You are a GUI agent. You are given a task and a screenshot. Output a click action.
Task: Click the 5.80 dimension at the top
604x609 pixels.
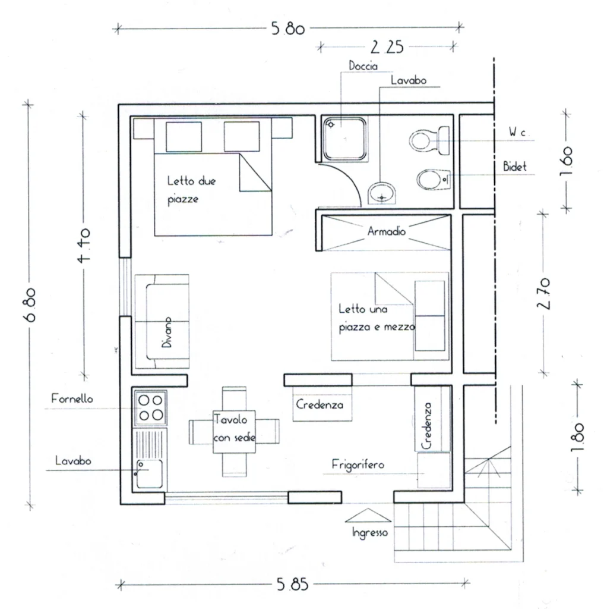pos(288,29)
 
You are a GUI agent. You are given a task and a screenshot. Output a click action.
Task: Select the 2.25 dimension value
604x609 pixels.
pos(387,47)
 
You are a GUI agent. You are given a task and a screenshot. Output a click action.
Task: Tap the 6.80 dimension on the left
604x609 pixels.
pos(30,305)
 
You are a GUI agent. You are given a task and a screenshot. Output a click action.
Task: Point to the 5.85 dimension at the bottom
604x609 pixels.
pos(292,584)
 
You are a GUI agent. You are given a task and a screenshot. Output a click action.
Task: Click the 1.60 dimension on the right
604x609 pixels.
pos(567,161)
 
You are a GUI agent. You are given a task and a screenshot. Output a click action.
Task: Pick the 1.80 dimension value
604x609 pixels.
pos(577,437)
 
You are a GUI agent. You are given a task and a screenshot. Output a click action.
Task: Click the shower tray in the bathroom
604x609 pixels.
pos(345,139)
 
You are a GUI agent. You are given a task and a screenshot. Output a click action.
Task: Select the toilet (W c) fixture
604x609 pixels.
pos(429,140)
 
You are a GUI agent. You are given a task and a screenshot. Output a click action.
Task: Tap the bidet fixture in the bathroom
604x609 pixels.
pos(434,180)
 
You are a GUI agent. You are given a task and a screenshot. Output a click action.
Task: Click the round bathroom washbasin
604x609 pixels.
pos(382,193)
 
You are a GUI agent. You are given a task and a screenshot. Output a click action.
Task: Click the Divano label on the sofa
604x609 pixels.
pos(166,332)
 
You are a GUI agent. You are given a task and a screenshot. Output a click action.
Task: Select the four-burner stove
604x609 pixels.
pos(151,408)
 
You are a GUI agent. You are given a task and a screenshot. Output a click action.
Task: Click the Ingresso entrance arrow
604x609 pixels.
pos(368,516)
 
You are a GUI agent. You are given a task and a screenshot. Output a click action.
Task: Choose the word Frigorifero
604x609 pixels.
pos(358,464)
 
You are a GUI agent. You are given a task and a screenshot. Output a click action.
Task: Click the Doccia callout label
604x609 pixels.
pos(363,65)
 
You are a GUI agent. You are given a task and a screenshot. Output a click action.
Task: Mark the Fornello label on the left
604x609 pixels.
pos(72,398)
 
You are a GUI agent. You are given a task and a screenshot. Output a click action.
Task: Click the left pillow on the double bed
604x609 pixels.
pos(184,137)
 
